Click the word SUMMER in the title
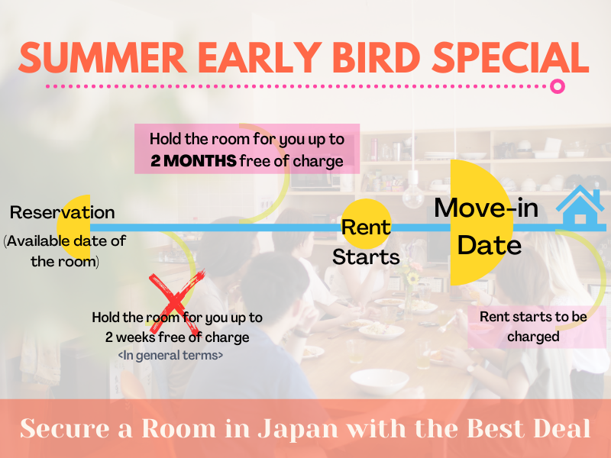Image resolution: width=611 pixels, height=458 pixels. tap(102, 58)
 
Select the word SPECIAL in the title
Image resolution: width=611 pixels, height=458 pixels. tap(510, 58)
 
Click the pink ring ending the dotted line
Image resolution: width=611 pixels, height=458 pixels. tap(558, 86)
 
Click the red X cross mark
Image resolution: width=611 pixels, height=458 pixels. tap(177, 297)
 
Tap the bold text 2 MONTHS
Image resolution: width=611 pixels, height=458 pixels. tap(193, 161)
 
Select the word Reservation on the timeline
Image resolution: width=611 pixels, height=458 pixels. tap(63, 213)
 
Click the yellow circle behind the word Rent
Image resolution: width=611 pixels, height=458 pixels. tap(366, 224)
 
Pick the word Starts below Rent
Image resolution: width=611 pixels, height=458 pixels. tap(366, 257)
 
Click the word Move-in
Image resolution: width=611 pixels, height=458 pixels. tap(487, 208)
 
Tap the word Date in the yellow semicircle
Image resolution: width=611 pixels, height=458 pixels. tap(489, 245)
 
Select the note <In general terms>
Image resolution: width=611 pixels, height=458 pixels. tap(170, 355)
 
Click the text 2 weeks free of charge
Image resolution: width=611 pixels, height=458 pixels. tap(177, 337)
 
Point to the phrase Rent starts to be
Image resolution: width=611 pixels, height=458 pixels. tap(533, 317)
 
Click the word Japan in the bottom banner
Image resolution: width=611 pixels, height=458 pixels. tap(298, 429)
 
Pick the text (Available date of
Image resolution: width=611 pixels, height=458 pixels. tap(65, 241)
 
